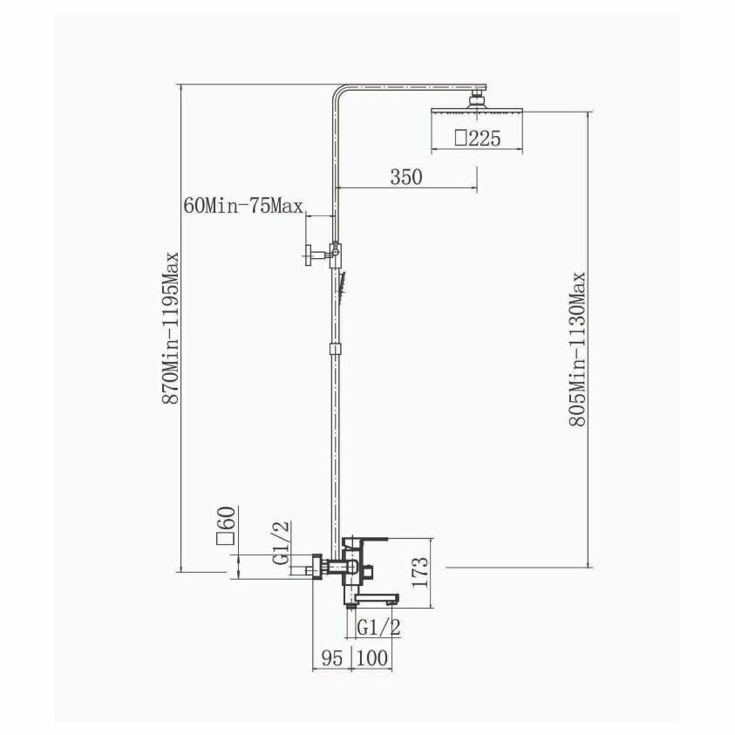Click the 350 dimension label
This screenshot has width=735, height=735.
[x=406, y=177]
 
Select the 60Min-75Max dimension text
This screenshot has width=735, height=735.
[x=243, y=207]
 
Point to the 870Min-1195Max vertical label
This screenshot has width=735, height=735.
[x=172, y=327]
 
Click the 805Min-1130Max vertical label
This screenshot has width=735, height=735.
[x=576, y=349]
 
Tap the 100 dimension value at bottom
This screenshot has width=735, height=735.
[x=371, y=657]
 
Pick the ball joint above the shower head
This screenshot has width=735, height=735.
[x=477, y=99]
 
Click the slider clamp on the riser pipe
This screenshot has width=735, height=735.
[x=333, y=349]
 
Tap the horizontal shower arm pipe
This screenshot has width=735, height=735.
[x=410, y=87]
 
